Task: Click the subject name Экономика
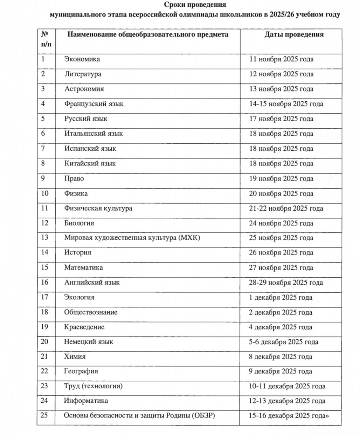[82, 59]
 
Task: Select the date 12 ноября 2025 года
[281, 74]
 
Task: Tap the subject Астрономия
[84, 89]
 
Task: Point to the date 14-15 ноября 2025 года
[286, 104]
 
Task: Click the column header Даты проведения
[293, 34]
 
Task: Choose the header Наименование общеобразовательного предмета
[148, 34]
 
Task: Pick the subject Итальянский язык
[94, 134]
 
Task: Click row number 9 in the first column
[43, 178]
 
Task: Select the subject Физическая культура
[98, 208]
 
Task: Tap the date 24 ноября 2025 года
[281, 223]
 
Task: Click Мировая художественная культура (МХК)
[132, 238]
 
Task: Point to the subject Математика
[83, 267]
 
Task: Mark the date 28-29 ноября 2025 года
[286, 283]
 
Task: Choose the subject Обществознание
[91, 312]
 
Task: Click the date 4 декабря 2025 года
[280, 327]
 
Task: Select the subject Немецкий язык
[89, 342]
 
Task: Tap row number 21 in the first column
[44, 356]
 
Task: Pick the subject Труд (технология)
[93, 386]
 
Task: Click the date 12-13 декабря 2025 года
[287, 401]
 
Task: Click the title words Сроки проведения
[195, 5]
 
